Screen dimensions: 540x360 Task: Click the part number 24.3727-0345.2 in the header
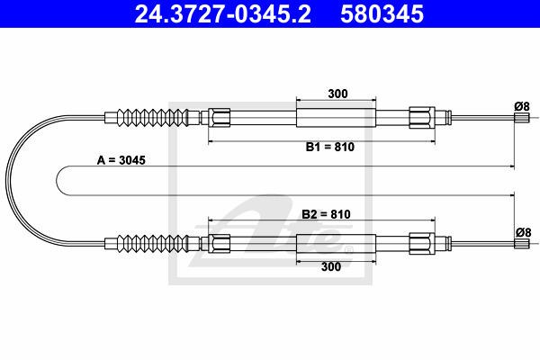[x=222, y=13]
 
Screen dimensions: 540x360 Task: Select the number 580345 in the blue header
[x=382, y=13]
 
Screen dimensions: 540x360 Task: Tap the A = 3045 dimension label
[x=121, y=160]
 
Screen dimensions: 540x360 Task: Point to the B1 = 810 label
[x=330, y=147]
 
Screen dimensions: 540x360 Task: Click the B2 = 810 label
[x=326, y=214]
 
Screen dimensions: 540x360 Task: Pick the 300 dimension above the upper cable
[x=337, y=94]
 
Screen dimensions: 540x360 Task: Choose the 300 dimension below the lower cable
[x=331, y=266]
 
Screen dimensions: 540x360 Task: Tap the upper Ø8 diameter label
[x=522, y=106]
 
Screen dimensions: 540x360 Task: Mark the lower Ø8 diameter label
[x=523, y=233]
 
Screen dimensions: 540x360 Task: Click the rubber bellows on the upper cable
[x=153, y=118]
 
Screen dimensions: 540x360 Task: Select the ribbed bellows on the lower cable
[x=153, y=244]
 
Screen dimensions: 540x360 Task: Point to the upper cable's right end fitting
[x=522, y=118]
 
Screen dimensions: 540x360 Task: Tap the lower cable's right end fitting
[x=522, y=244]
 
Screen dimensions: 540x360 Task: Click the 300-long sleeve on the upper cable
[x=336, y=118]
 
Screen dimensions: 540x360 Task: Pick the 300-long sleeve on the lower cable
[x=336, y=244]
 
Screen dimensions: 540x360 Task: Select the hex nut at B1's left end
[x=219, y=118]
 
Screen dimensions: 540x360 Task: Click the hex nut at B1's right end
[x=422, y=118]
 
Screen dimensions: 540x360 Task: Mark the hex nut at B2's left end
[x=219, y=244]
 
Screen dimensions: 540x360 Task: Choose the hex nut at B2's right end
[x=422, y=244]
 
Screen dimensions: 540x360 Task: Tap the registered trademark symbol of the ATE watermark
[x=349, y=250]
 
